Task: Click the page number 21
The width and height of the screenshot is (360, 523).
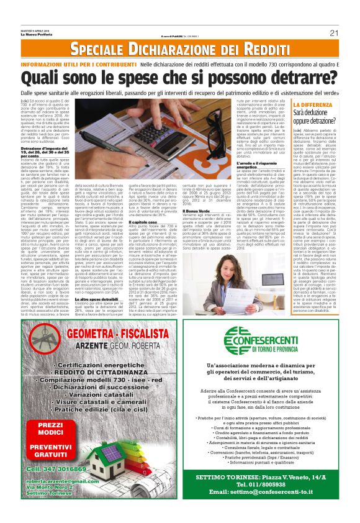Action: coord(333,32)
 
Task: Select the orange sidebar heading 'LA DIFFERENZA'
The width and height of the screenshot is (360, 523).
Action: coord(331,106)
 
